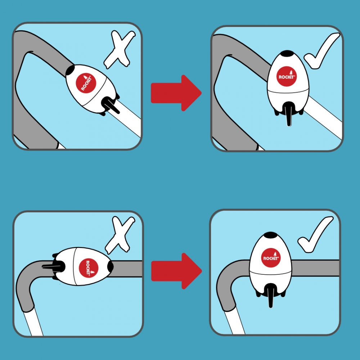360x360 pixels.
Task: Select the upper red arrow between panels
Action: (176, 93)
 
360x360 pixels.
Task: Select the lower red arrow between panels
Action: (176, 271)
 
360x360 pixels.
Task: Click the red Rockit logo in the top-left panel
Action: (86, 84)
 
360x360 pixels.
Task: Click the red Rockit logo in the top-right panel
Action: (287, 76)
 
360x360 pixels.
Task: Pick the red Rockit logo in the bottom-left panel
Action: (89, 268)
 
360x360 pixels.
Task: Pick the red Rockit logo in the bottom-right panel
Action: (271, 258)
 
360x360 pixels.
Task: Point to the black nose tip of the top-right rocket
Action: (287, 53)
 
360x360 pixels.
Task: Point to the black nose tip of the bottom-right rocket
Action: (271, 235)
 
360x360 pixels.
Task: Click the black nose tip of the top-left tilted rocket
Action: (71, 70)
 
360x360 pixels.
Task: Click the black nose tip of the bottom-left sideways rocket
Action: (111, 266)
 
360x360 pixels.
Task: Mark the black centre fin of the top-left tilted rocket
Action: (110, 105)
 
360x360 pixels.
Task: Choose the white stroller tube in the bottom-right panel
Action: (235, 321)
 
